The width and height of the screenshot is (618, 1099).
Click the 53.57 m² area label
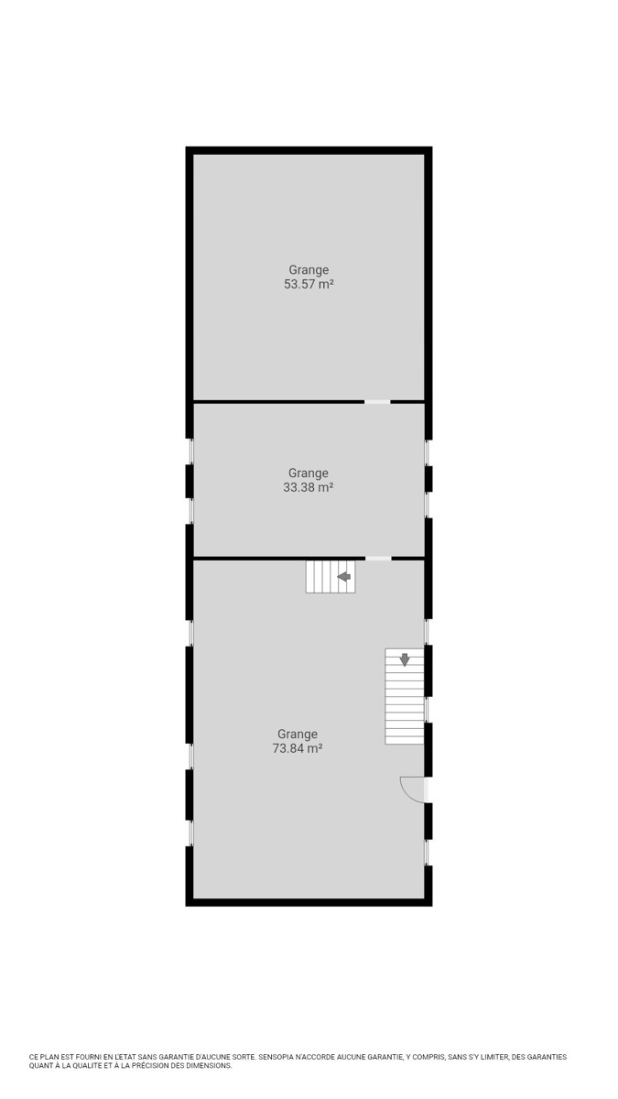pyautogui.click(x=309, y=285)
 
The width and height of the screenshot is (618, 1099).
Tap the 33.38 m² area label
pyautogui.click(x=309, y=487)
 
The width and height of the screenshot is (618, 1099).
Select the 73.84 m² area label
pyautogui.click(x=298, y=749)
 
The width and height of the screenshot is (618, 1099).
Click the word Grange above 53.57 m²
pyautogui.click(x=309, y=270)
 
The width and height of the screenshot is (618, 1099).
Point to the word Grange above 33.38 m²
pyautogui.click(x=309, y=473)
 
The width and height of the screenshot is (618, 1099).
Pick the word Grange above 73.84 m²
pyautogui.click(x=298, y=734)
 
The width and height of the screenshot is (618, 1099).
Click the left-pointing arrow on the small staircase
pyautogui.click(x=344, y=576)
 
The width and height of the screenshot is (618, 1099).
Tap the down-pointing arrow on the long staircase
pyautogui.click(x=404, y=660)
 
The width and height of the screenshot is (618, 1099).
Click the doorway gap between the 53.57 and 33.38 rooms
pyautogui.click(x=377, y=402)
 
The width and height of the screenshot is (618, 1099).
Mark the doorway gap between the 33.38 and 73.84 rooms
pyautogui.click(x=378, y=559)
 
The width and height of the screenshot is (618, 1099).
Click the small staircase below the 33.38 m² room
pyautogui.click(x=331, y=576)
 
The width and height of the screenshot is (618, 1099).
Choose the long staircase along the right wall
pyautogui.click(x=404, y=696)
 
